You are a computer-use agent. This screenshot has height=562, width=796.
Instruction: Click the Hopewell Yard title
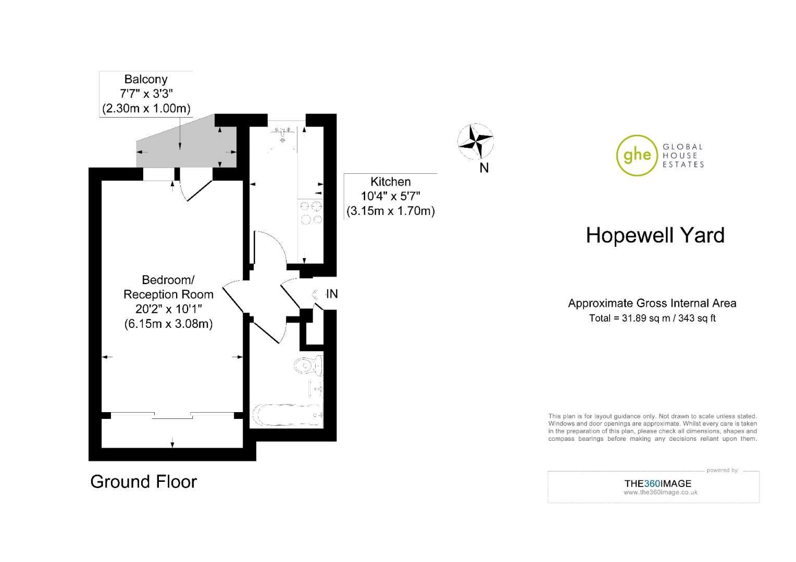pos(655,236)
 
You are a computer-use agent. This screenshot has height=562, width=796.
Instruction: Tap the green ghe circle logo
pos(637,155)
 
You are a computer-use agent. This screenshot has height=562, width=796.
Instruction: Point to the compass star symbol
pos(476,140)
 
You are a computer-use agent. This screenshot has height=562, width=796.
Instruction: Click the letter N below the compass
pos(484,168)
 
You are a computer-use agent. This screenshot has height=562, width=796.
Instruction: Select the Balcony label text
pos(146,80)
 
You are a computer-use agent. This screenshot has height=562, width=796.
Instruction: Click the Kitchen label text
pos(390,182)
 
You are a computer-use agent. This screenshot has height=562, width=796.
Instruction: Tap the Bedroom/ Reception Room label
pos(168,287)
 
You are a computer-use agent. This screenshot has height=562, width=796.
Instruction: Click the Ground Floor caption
pos(144,482)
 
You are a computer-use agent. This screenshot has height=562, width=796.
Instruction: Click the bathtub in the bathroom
pos(287,415)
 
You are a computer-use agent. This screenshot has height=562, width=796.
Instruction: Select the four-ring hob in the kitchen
pos(310,212)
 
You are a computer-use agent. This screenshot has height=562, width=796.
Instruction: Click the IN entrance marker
pos(331,294)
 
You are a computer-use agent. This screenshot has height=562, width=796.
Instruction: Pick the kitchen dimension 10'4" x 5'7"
pos(390,196)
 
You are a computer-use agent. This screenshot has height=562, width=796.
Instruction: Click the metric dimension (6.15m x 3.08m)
pos(168,324)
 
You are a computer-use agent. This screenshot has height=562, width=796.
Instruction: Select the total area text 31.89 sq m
pos(652,318)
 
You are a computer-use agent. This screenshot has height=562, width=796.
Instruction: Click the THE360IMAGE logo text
pos(657,483)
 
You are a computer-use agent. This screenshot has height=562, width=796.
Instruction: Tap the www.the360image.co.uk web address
pos(660,492)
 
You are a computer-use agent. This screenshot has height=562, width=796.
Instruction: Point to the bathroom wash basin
pos(316,388)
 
